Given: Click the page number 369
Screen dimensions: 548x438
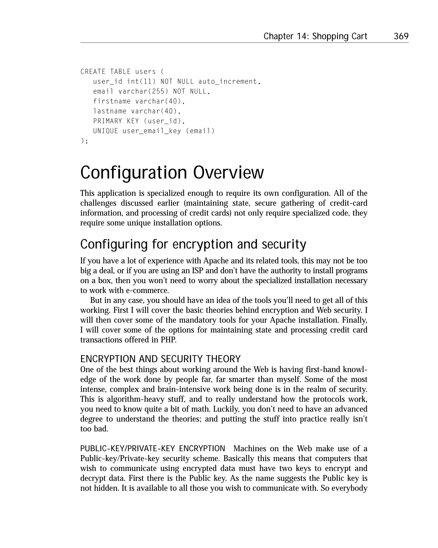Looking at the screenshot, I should tap(401, 36).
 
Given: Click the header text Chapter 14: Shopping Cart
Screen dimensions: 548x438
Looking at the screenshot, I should tap(315, 36).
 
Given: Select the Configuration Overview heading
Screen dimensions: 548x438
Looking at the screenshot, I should tap(172, 172).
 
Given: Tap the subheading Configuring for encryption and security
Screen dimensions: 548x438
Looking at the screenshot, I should tap(193, 244).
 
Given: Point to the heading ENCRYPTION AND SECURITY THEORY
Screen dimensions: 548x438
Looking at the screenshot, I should tap(160, 359).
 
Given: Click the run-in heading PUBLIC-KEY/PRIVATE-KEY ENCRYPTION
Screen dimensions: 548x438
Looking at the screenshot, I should tap(152, 448).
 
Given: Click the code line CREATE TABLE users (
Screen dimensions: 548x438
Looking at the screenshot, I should tap(122, 72).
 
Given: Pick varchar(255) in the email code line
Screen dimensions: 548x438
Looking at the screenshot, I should tap(143, 92).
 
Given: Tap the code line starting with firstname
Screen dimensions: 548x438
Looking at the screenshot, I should tap(139, 101).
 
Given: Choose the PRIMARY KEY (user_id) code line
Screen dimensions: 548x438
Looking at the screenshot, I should tap(139, 121).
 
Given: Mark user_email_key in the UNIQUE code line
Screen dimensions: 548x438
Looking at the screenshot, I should tap(152, 131).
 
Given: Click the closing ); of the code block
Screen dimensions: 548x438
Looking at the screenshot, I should tap(84, 141).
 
